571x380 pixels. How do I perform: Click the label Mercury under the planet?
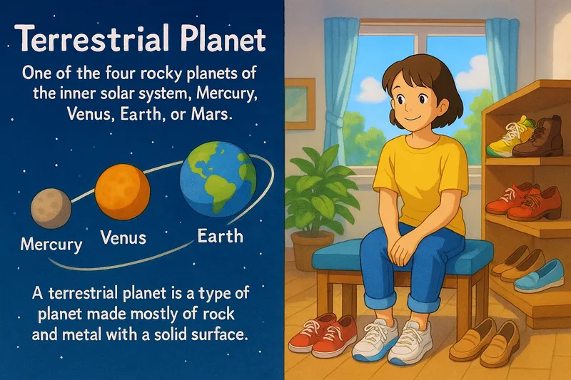(x=51, y=245)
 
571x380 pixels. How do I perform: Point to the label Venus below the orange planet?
(x=123, y=237)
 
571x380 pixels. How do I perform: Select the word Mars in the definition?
(x=210, y=115)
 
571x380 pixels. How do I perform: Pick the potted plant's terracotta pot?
(x=312, y=250)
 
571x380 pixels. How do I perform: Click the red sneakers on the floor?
(x=323, y=334)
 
